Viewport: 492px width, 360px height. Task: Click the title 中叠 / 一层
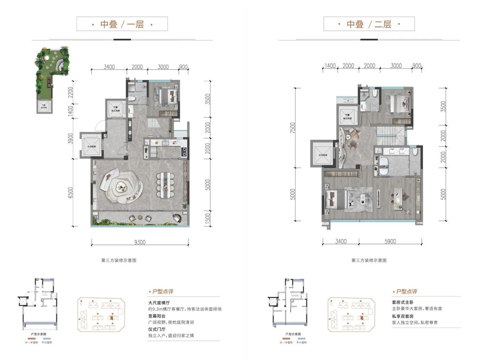point(122,24)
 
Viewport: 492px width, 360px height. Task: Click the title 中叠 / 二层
point(369,24)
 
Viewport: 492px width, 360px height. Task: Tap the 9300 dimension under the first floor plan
point(139,242)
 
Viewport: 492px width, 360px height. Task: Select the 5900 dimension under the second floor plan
point(390,241)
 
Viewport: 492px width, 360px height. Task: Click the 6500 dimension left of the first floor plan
point(70,193)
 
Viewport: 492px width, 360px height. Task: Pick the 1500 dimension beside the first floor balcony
point(208,218)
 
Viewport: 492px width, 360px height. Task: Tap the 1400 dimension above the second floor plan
point(330,66)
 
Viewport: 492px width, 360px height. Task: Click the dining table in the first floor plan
point(166,185)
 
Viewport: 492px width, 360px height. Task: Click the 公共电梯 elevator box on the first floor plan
point(90,146)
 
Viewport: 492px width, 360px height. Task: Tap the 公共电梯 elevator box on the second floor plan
point(323,154)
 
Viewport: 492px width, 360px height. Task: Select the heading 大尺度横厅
point(159,302)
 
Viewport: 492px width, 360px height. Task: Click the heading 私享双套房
point(403,316)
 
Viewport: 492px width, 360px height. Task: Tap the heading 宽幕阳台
point(157,316)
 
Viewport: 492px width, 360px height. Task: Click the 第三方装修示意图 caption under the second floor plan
point(369,260)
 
